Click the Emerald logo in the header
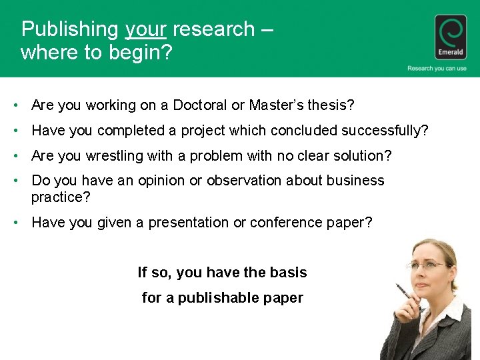[x=451, y=37]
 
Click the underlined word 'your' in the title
[x=145, y=29]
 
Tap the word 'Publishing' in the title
[x=69, y=29]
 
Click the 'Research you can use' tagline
[x=437, y=68]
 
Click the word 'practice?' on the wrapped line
[x=61, y=197]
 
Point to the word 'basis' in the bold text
[x=289, y=273]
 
